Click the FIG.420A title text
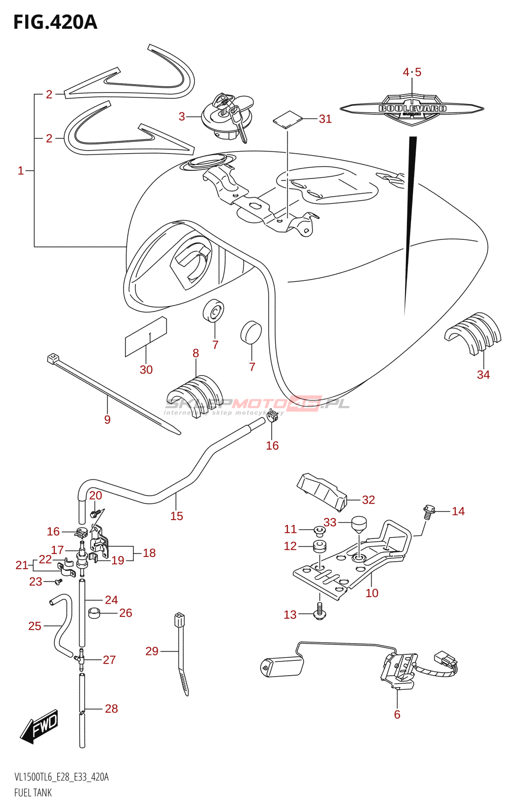click(x=55, y=22)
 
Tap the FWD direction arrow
click(x=40, y=727)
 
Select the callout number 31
click(x=325, y=119)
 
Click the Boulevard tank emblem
click(x=412, y=109)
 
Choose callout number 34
click(x=483, y=375)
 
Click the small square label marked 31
click(x=287, y=120)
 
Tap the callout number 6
click(x=397, y=714)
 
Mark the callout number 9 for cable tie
click(x=107, y=419)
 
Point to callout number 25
click(x=34, y=626)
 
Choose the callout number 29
click(x=152, y=651)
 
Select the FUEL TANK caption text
click(x=33, y=793)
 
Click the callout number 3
click(x=181, y=117)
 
